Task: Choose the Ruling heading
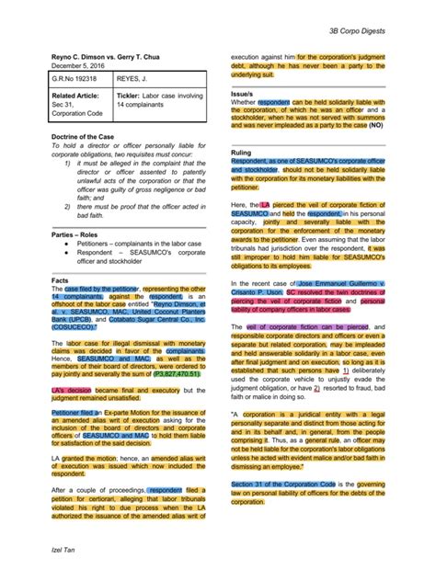240,152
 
